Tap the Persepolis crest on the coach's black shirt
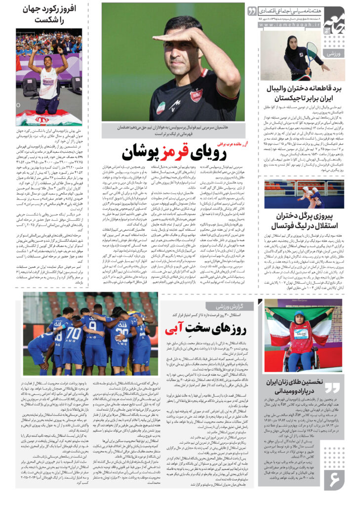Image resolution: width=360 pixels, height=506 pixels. [196, 95]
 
